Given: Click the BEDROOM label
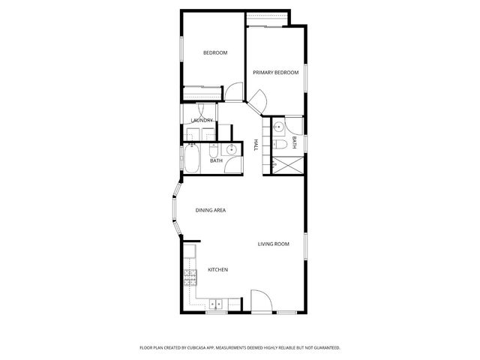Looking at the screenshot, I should [215, 52].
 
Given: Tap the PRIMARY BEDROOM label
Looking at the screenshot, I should [275, 73].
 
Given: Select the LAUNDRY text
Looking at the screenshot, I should [202, 120].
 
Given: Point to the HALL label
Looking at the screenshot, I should [256, 145].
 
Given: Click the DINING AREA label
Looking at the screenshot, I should [211, 210].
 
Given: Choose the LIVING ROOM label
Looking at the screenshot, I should [274, 244].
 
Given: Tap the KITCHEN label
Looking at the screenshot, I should [217, 270].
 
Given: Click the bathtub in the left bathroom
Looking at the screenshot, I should [190, 158].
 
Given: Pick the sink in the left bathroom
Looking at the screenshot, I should [232, 150].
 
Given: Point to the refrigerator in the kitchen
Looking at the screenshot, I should [190, 252].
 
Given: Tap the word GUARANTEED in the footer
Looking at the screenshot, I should [323, 348].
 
